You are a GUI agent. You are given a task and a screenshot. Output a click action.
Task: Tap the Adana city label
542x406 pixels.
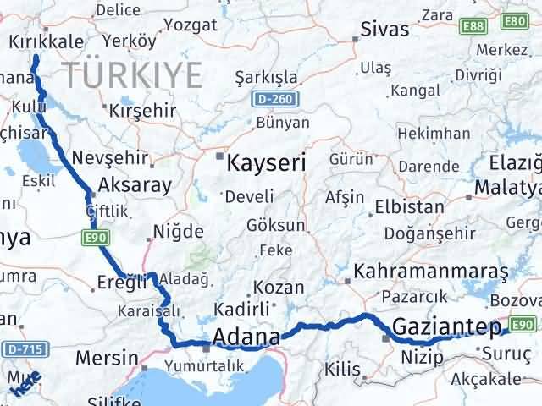point(246,338)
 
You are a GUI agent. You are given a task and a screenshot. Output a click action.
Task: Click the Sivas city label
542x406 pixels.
point(384,30)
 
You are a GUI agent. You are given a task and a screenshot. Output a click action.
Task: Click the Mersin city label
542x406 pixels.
point(106,358)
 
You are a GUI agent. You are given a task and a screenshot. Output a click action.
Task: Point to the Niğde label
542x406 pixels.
point(178,232)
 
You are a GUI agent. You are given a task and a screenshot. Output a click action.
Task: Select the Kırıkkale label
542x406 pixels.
point(47,41)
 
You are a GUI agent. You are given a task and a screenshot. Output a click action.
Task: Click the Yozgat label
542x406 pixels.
point(185,25)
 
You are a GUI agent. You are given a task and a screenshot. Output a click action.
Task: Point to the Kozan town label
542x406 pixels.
point(279,288)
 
